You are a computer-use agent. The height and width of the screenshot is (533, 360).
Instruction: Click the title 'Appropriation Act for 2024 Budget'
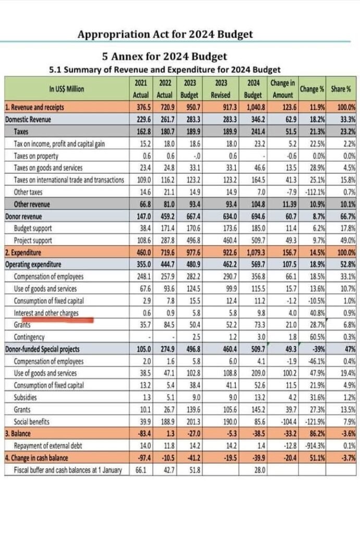pyautogui.click(x=165, y=34)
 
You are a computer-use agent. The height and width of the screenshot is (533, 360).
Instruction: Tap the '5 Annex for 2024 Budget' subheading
pyautogui.click(x=164, y=56)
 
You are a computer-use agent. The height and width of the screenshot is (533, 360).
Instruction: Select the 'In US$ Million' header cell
pyautogui.click(x=66, y=89)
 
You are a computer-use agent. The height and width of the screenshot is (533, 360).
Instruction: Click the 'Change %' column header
pyautogui.click(x=312, y=89)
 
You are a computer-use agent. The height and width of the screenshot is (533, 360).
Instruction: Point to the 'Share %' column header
pyautogui.click(x=341, y=89)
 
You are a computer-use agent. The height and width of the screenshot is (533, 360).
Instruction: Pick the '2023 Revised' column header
pyautogui.click(x=220, y=89)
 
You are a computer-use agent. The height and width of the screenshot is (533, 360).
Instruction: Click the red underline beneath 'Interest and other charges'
pyautogui.click(x=57, y=320)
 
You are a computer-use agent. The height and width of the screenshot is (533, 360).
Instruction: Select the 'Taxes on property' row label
pyautogui.click(x=36, y=156)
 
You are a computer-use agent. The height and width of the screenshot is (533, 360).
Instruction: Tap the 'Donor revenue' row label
pyautogui.click(x=23, y=217)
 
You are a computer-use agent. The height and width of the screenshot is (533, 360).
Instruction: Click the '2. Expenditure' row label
pyautogui.click(x=23, y=252)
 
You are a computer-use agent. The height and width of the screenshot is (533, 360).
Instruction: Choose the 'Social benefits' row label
pyautogui.click(x=32, y=422)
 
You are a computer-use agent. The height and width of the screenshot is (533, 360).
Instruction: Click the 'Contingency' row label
pyautogui.click(x=29, y=337)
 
